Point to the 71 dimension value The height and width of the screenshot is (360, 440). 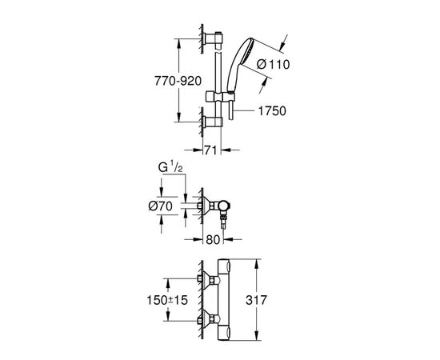click(209, 150)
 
